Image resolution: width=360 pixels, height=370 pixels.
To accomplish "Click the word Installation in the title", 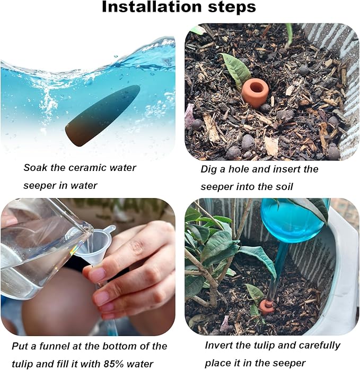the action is click(151, 7).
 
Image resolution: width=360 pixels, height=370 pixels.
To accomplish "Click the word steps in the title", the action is click(232, 7).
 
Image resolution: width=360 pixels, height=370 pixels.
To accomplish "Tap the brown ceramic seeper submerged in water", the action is click(103, 116).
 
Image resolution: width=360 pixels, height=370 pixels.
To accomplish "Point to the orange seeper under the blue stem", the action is click(267, 307).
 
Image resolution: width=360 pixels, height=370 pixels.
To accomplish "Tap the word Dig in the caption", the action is click(209, 170).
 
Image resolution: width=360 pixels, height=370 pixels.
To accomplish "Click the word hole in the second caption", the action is click(238, 169).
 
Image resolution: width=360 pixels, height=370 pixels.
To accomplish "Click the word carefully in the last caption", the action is click(319, 346).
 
